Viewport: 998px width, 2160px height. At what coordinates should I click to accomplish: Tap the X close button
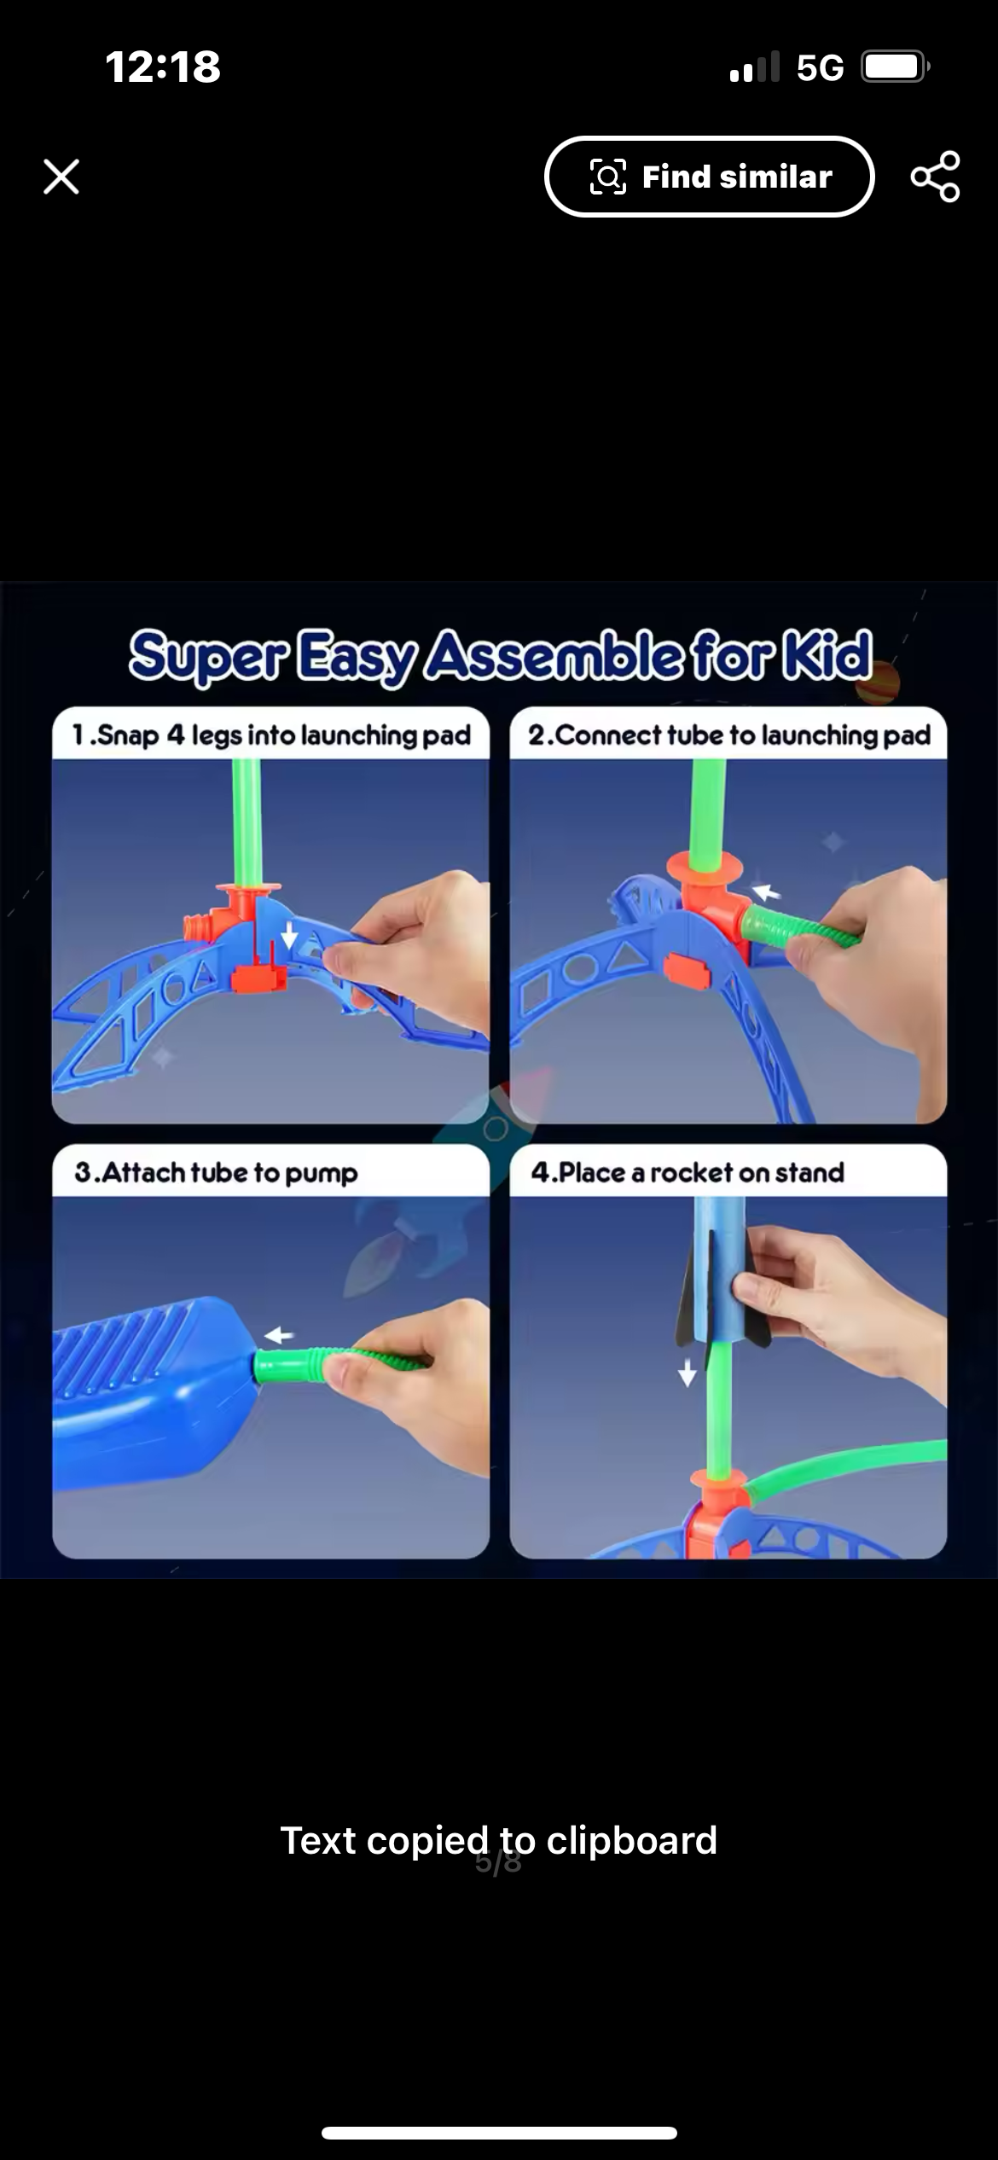[x=61, y=177]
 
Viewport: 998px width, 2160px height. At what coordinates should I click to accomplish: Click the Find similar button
[x=709, y=177]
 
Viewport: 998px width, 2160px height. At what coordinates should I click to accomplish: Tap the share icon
[x=935, y=177]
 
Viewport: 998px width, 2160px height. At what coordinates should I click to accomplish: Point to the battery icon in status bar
[x=895, y=67]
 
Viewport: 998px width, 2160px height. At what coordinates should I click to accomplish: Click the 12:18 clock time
[x=163, y=67]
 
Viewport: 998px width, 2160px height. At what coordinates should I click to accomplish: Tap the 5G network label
[x=820, y=67]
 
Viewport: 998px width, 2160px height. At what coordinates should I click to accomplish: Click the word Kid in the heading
[x=826, y=655]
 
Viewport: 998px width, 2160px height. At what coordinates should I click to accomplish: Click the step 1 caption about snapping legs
[x=271, y=735]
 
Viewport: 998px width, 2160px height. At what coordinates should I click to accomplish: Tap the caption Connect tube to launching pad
[x=729, y=735]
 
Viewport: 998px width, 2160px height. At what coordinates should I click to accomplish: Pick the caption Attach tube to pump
[x=216, y=1173]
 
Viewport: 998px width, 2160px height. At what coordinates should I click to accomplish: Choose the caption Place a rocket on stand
[x=688, y=1172]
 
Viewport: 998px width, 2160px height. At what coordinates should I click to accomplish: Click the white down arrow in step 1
[x=290, y=936]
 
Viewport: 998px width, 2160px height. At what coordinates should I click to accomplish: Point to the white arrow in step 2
[x=766, y=892]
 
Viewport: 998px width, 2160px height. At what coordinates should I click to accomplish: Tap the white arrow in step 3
[x=279, y=1335]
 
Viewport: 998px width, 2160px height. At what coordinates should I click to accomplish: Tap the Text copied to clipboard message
[x=499, y=1840]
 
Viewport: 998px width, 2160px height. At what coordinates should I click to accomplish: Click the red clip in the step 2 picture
[x=689, y=973]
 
